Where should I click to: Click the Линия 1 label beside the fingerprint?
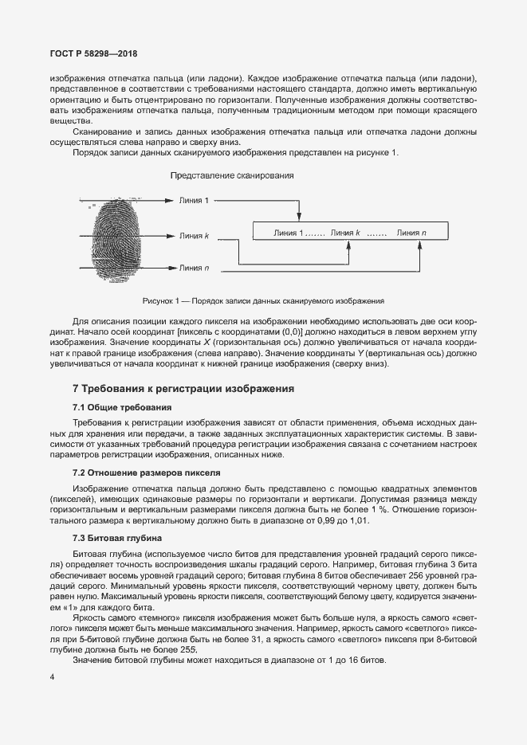[x=194, y=201]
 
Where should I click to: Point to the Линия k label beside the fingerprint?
[x=194, y=236]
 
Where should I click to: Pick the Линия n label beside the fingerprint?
[x=194, y=269]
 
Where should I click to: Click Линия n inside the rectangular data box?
[x=411, y=233]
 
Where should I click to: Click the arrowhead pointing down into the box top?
[x=299, y=218]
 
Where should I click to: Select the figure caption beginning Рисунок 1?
[x=263, y=301]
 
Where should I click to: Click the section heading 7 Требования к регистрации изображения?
[x=183, y=389]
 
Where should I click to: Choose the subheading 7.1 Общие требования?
[x=116, y=407]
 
